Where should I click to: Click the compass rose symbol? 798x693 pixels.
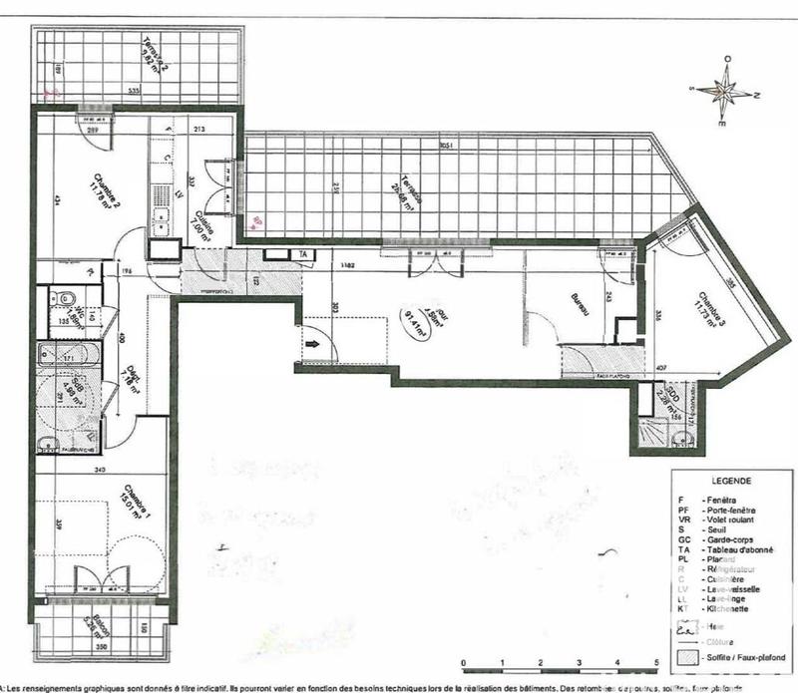[729, 93]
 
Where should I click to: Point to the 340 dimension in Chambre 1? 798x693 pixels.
[99, 468]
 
